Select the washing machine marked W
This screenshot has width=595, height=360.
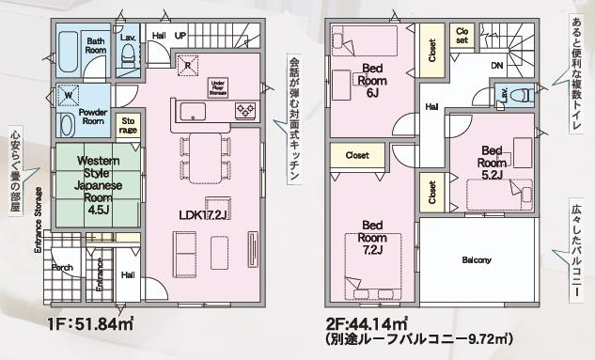[x=68, y=95]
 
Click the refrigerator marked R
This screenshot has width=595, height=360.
[x=188, y=64]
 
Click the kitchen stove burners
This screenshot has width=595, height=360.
[x=243, y=112]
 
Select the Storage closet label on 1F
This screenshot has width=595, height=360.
[x=129, y=126]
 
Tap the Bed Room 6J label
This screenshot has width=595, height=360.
[x=371, y=80]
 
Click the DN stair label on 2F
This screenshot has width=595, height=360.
[x=496, y=66]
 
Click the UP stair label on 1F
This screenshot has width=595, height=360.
[x=180, y=36]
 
